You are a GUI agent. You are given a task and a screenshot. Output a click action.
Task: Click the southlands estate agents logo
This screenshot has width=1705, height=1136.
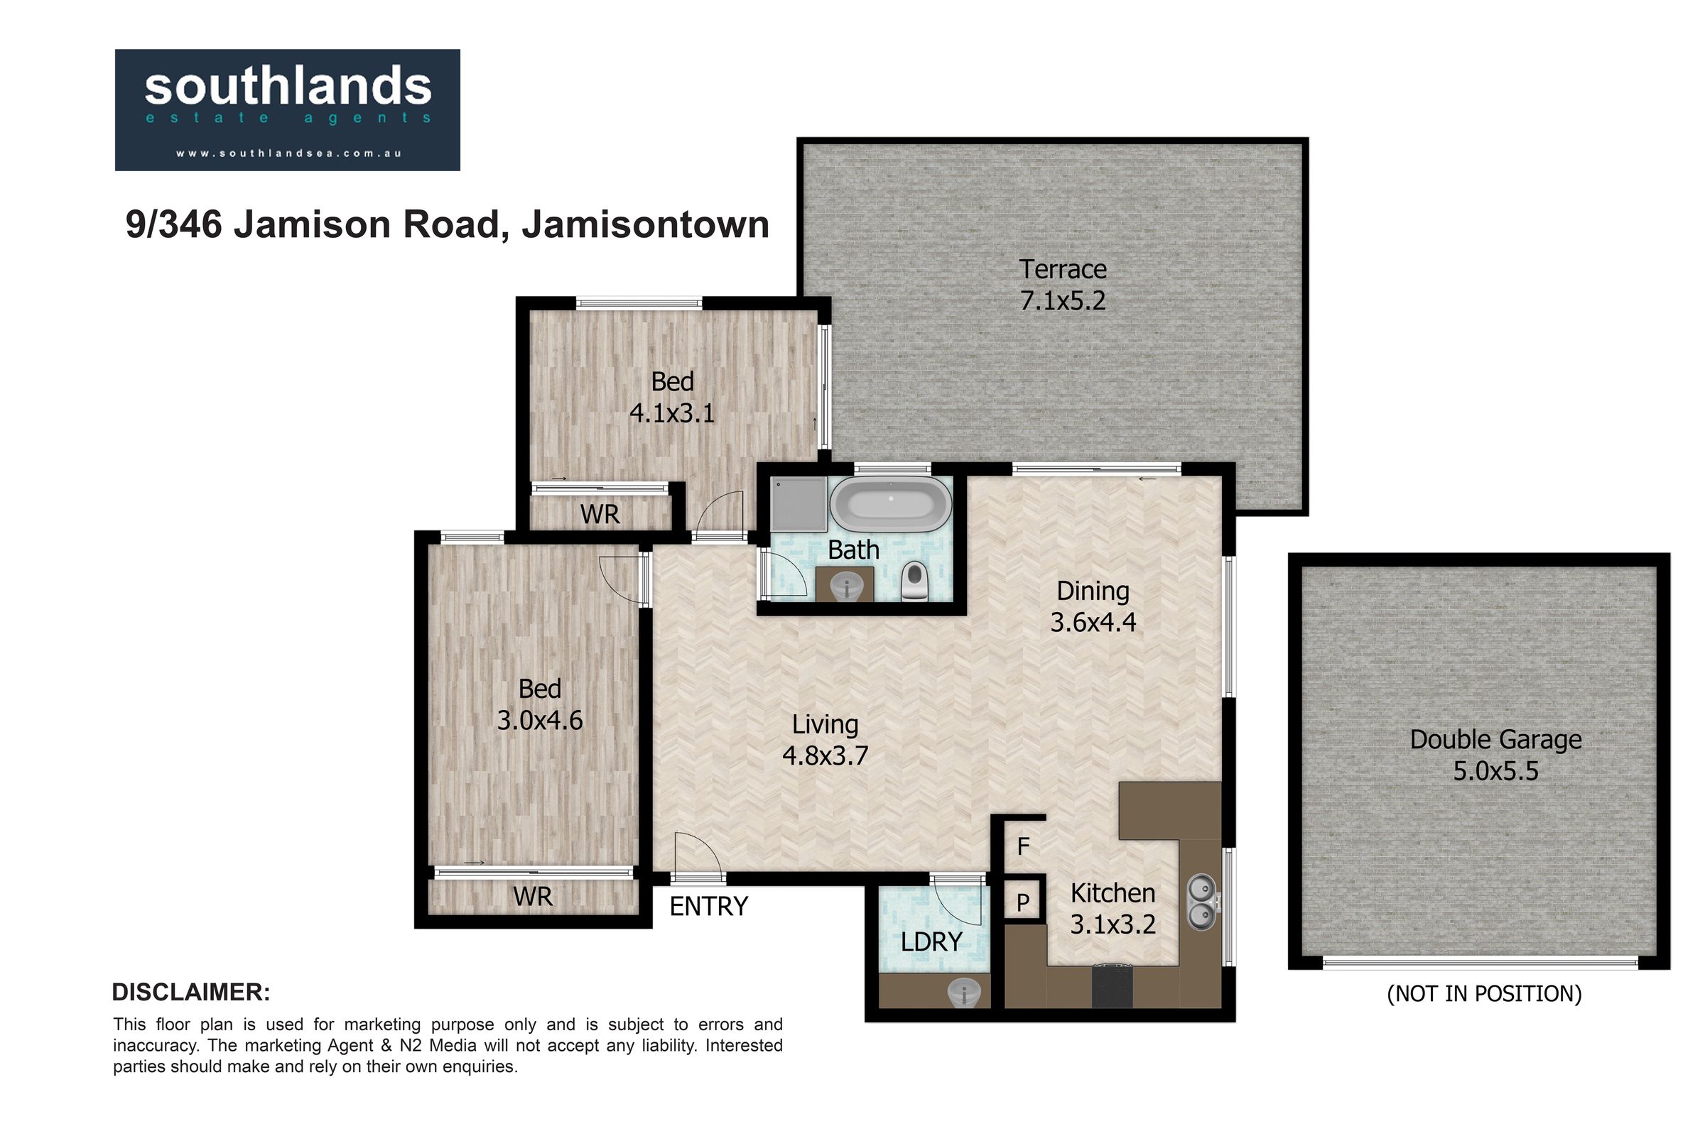click(287, 110)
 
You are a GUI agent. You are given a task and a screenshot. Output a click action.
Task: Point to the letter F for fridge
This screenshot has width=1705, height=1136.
click(1023, 846)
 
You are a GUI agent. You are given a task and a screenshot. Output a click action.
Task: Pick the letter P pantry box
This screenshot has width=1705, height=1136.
click(1023, 902)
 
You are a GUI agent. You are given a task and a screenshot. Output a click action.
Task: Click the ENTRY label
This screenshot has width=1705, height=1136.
click(708, 907)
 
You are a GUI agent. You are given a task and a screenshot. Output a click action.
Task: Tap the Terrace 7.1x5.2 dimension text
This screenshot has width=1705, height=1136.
click(1063, 285)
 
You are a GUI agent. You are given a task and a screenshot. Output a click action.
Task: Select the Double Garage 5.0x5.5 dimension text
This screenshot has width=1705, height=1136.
click(1495, 755)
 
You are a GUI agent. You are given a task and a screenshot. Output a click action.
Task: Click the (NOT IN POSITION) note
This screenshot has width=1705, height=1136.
click(1484, 993)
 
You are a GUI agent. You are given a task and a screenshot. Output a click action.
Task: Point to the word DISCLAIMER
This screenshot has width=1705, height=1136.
click(190, 993)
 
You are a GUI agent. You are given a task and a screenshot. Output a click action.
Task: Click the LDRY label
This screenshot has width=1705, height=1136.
click(931, 942)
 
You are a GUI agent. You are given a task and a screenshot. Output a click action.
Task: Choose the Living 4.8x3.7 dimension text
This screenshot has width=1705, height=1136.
click(825, 740)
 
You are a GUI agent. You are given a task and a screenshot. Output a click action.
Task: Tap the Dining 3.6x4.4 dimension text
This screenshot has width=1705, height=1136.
click(1093, 606)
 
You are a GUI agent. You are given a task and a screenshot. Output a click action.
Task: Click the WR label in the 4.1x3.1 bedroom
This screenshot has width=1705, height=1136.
click(600, 514)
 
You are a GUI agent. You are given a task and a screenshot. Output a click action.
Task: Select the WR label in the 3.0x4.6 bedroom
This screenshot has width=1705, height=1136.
click(533, 897)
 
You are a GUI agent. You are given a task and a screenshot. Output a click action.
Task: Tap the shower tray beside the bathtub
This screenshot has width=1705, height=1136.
click(798, 503)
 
